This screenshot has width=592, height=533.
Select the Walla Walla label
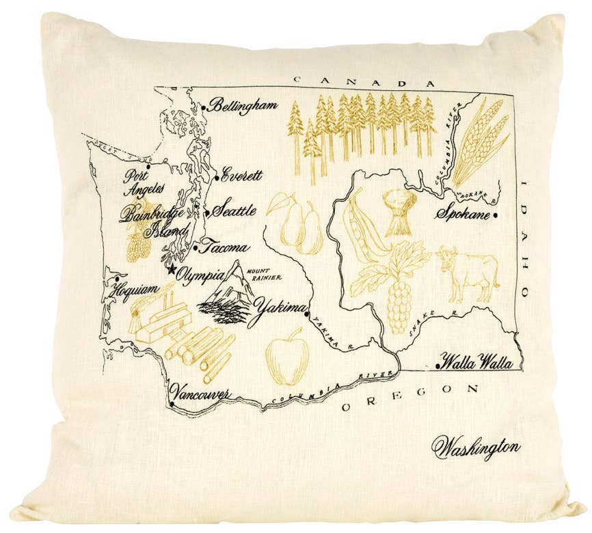pyautogui.click(x=477, y=363)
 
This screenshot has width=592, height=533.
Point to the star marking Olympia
pyautogui.click(x=171, y=269)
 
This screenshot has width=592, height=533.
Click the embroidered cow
pyautogui.click(x=468, y=273)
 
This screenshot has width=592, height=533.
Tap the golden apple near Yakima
pyautogui.click(x=288, y=357)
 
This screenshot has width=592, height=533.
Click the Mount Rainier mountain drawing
pyautogui.click(x=228, y=294)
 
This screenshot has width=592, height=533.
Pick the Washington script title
pyautogui.click(x=476, y=448)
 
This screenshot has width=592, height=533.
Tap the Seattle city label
pyautogui.click(x=233, y=210)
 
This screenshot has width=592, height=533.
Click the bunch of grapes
pyautogui.click(x=399, y=304)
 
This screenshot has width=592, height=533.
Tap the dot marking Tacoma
pyautogui.click(x=196, y=241)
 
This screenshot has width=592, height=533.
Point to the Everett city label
pyautogui.click(x=242, y=175)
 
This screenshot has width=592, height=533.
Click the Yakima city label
pyautogui.click(x=278, y=311)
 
